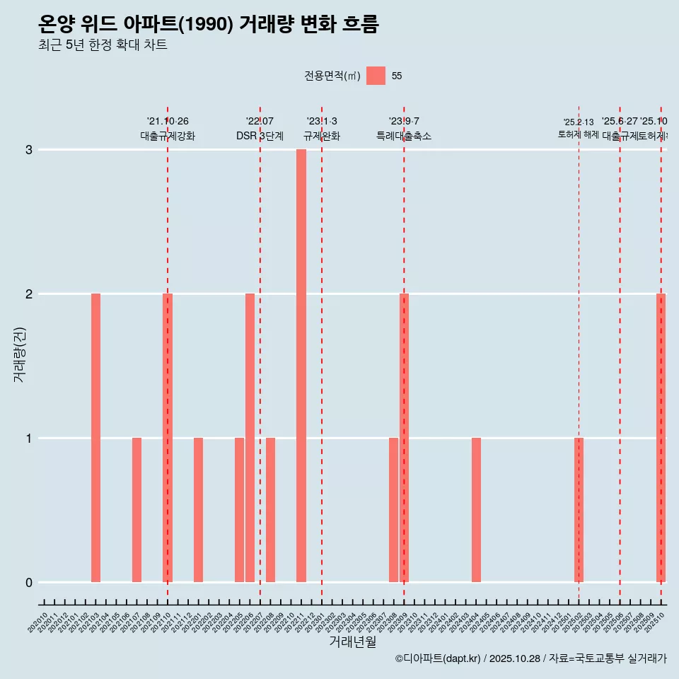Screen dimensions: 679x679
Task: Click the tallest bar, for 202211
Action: coord(301,366)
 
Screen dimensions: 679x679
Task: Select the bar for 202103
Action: coord(95,438)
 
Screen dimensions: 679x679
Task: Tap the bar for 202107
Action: coord(137,510)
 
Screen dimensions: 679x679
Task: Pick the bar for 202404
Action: coord(476,510)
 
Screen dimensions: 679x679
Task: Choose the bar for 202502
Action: coord(579,510)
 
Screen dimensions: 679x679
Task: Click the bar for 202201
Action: coord(198,510)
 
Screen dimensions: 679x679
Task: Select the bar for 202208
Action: coord(270,510)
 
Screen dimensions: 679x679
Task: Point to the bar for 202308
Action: coord(393,510)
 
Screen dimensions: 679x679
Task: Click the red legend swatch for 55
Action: coord(376,76)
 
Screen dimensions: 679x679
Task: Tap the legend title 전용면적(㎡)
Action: coord(332,76)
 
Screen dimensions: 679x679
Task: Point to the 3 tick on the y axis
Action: coord(29,150)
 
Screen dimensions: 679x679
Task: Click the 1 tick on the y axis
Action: coord(29,439)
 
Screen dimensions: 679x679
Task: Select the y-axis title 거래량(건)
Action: coord(20,354)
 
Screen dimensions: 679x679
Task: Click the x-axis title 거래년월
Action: coord(352,642)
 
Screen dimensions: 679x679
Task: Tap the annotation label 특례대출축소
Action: coord(403,136)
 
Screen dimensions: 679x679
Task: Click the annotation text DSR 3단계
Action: coord(260,136)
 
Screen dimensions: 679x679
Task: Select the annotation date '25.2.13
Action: coord(578,122)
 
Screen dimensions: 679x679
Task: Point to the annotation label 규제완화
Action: coord(322,136)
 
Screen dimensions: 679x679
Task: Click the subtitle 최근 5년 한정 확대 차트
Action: coord(103,45)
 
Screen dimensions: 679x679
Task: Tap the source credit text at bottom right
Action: coord(530,658)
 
